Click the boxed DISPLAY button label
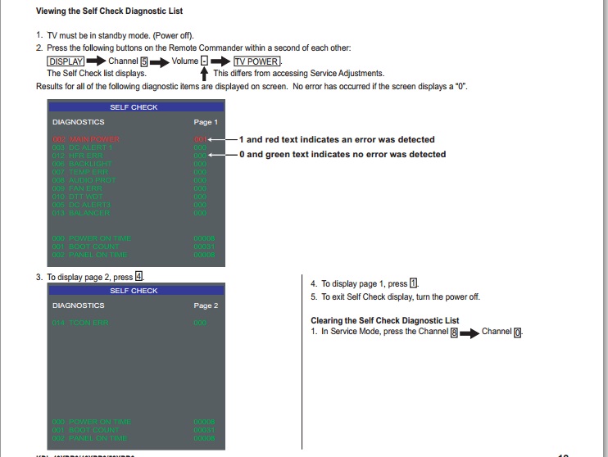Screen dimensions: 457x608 pos(66,61)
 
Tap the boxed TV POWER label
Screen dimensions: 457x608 pos(257,61)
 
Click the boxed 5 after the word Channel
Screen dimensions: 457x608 pos(143,61)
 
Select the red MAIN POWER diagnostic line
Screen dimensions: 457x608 pos(85,139)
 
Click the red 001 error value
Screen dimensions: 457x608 pos(199,139)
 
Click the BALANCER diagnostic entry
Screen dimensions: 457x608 pos(81,213)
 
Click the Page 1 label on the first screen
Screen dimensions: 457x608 pos(205,122)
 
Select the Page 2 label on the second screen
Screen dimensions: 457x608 pos(205,305)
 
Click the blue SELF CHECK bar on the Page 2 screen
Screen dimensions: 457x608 pos(134,291)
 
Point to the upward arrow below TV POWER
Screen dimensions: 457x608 pos(203,74)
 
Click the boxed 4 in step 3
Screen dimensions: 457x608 pos(138,277)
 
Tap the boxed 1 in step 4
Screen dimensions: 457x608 pos(414,283)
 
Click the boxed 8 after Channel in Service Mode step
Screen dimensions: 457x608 pos(454,333)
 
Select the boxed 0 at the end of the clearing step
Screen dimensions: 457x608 pos(517,333)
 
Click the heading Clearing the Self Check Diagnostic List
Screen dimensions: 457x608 pos(384,320)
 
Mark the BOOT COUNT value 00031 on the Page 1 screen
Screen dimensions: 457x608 pos(204,247)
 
